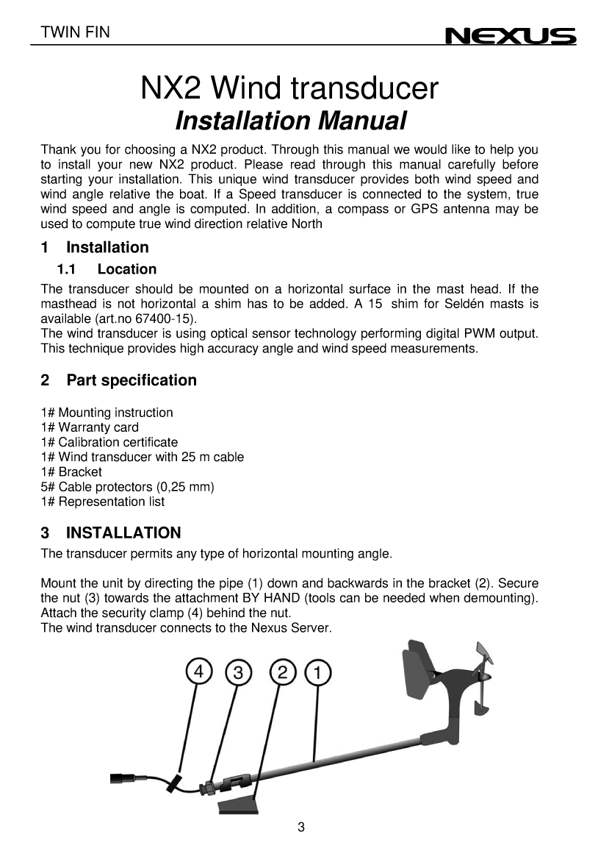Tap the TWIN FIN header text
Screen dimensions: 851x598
[76, 32]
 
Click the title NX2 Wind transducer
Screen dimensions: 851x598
[289, 89]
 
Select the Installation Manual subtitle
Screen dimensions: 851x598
[291, 121]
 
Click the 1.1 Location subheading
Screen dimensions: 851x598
[107, 269]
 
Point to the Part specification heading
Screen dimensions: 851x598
[119, 380]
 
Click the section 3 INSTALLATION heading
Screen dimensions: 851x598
[111, 533]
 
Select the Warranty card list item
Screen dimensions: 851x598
[90, 427]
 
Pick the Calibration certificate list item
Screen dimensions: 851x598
[109, 442]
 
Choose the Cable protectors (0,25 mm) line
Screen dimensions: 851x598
[127, 487]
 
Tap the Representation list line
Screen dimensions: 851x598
[103, 502]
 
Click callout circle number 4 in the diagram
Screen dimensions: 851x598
[198, 672]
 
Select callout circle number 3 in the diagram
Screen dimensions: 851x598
[238, 672]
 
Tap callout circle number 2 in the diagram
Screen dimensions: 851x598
[283, 672]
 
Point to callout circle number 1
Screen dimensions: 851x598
[317, 672]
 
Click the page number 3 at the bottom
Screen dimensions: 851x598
[301, 827]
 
